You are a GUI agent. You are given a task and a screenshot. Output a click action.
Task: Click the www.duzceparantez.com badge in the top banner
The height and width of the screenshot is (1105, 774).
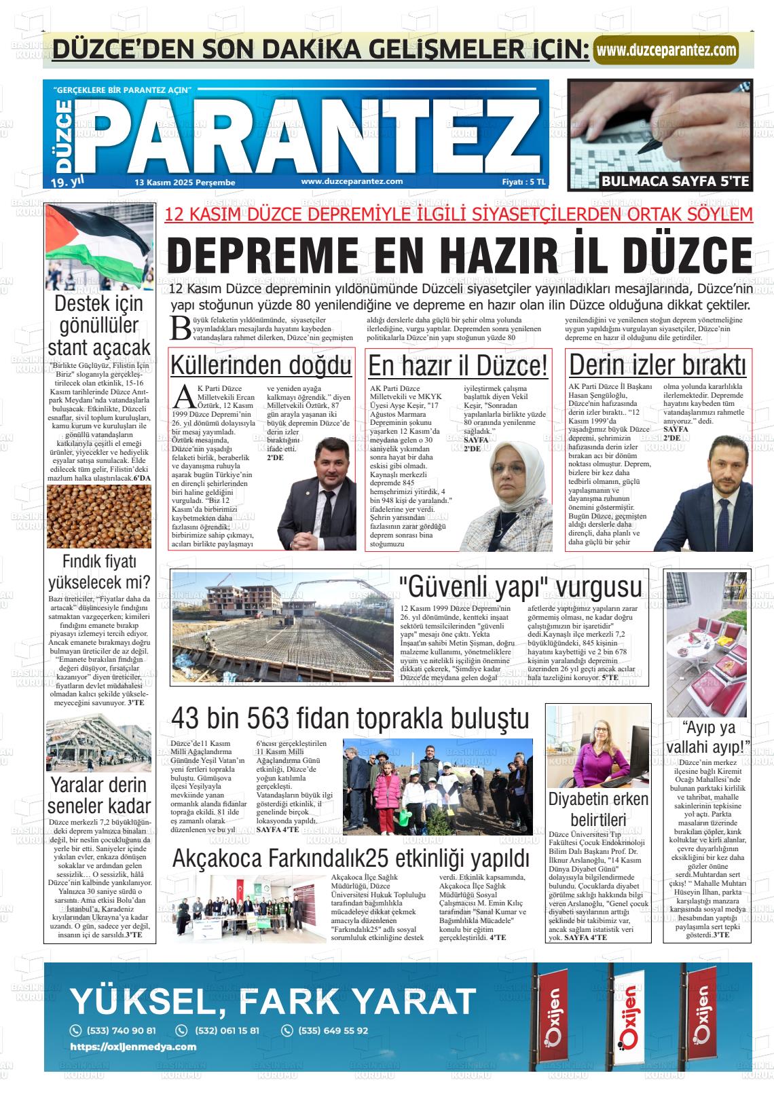(665, 50)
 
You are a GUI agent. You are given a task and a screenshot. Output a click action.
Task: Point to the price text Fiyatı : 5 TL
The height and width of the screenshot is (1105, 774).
(523, 182)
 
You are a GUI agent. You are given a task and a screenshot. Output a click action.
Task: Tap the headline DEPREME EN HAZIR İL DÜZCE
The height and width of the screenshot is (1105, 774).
(459, 255)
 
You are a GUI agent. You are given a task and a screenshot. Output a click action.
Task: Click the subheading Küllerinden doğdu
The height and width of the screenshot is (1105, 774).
(261, 365)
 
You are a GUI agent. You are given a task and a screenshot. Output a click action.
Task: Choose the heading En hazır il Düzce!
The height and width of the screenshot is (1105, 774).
(458, 366)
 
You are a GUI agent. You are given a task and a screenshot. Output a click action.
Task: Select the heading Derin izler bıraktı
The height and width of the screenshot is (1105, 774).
(657, 365)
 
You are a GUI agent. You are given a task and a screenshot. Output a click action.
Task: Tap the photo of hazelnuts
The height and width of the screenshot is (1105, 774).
(99, 515)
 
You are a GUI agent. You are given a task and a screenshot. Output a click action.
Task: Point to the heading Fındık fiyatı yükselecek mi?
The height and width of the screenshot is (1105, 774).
(99, 572)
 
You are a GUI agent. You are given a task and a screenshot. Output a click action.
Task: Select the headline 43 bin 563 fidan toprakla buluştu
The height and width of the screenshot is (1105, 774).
(350, 718)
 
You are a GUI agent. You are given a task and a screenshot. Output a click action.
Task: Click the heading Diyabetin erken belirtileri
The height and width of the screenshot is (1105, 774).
(598, 809)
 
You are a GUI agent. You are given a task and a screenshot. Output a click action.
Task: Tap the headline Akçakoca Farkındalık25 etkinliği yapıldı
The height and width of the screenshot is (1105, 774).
(350, 858)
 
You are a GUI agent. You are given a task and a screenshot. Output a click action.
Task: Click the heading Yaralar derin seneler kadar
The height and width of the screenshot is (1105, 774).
(99, 795)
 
